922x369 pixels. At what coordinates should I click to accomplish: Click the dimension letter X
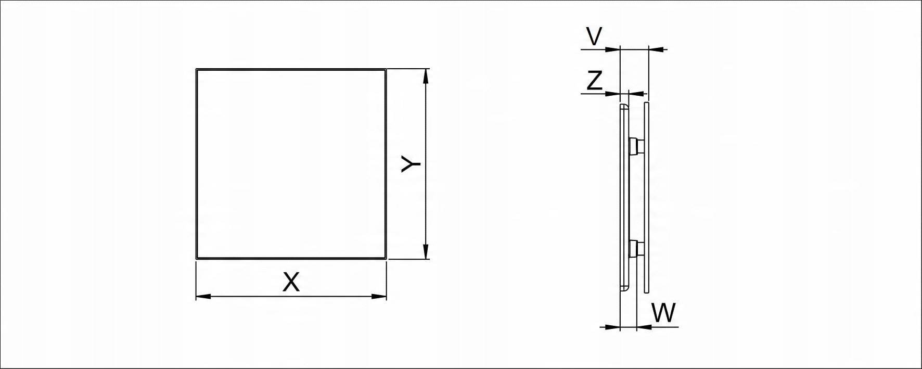click(291, 283)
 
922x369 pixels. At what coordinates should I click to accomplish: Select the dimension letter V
click(594, 36)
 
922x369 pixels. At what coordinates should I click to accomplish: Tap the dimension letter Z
click(594, 81)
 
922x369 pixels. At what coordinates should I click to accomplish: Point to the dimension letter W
click(663, 313)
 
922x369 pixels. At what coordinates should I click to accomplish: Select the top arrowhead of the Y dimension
click(426, 76)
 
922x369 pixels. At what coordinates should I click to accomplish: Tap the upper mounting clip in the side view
click(635, 146)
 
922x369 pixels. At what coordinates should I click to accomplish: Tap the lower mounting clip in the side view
click(635, 248)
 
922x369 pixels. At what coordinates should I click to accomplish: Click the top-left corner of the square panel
click(197, 69)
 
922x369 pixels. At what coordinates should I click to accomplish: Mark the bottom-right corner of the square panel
click(386, 258)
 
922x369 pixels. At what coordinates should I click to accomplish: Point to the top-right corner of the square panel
click(386, 69)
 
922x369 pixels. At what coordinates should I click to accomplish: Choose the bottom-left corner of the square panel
click(197, 258)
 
